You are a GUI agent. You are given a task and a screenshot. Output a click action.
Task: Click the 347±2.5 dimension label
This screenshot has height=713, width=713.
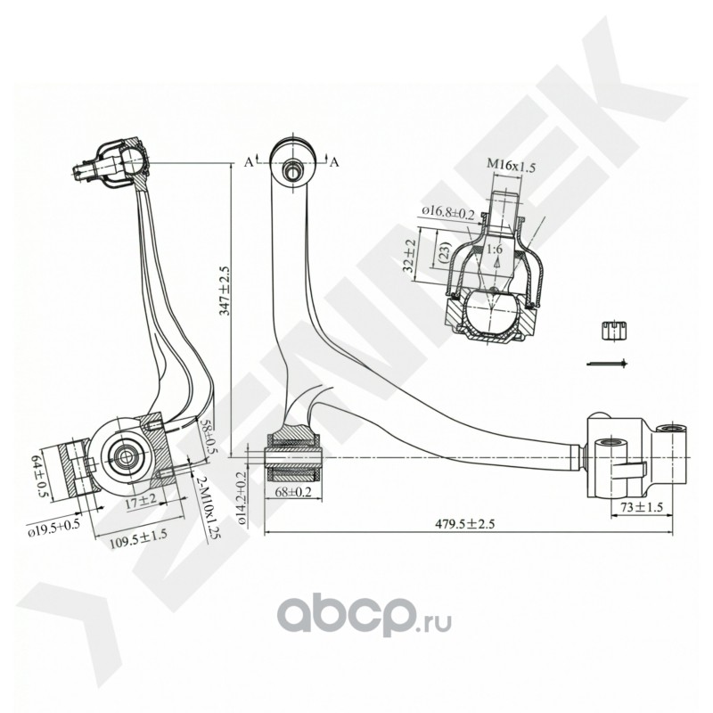[x=225, y=291]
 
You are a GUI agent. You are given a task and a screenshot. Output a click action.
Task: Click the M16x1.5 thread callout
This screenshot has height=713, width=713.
[x=511, y=166]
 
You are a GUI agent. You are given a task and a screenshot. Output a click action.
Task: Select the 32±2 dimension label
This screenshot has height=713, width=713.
[x=409, y=255]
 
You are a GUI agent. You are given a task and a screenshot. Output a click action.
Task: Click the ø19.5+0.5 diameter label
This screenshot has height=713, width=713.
[x=53, y=526]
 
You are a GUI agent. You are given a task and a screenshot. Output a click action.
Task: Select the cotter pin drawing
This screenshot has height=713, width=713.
[x=608, y=364]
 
